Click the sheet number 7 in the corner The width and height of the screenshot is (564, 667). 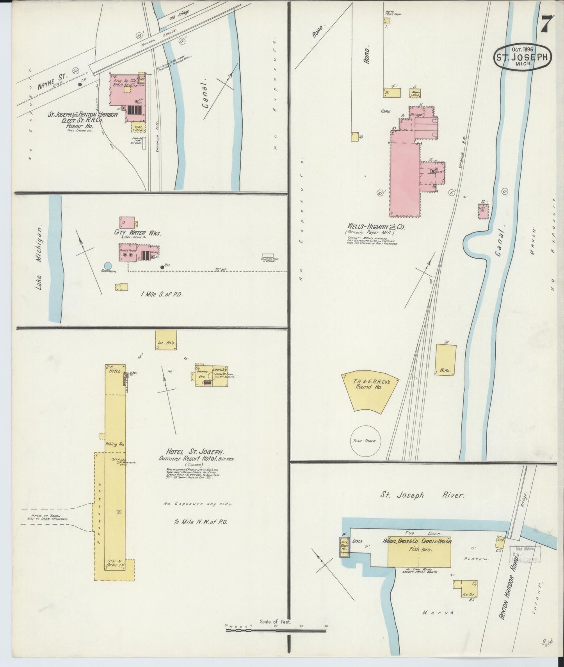[x=545, y=26]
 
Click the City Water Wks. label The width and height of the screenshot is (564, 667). [x=137, y=233]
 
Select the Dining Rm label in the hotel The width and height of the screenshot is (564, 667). [x=114, y=444]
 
